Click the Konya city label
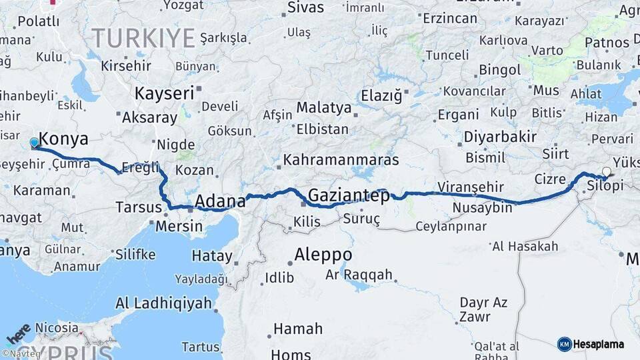click(x=64, y=139)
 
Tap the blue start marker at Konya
click(x=35, y=143)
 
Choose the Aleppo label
click(x=323, y=255)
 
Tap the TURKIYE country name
click(x=143, y=37)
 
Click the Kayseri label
click(x=164, y=93)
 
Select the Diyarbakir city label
click(x=501, y=137)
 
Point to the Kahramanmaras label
click(x=341, y=160)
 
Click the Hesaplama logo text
click(x=599, y=344)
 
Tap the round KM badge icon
click(x=565, y=344)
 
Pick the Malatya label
click(x=324, y=107)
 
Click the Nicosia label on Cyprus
click(x=53, y=328)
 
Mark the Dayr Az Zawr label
click(x=483, y=310)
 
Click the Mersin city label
click(x=179, y=226)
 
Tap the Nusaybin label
click(x=483, y=208)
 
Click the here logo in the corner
click(x=18, y=331)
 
